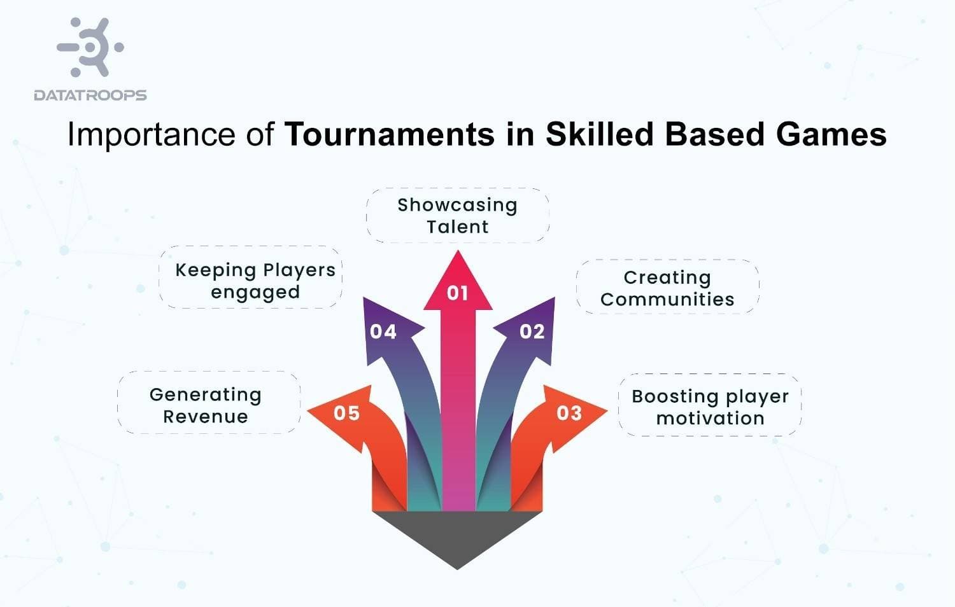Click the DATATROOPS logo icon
(x=90, y=47)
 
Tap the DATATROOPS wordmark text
(x=90, y=95)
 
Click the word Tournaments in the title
(x=389, y=135)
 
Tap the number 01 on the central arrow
(x=458, y=293)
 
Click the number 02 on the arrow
(x=532, y=331)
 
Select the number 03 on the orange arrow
(x=569, y=414)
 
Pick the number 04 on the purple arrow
(x=383, y=331)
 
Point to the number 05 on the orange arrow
(x=347, y=414)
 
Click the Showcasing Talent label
(x=458, y=216)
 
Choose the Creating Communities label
(x=667, y=288)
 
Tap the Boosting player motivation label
(x=710, y=407)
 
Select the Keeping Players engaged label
(x=255, y=281)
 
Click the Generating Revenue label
(x=206, y=405)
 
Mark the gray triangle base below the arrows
(x=457, y=534)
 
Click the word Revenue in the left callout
(x=206, y=417)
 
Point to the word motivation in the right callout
(x=710, y=419)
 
